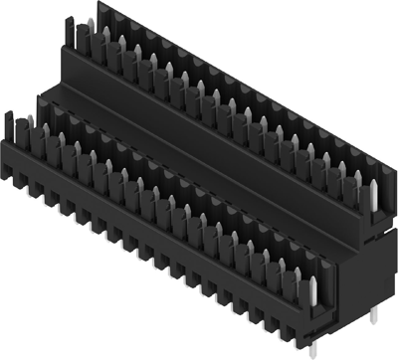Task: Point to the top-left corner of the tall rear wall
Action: pos(97,5)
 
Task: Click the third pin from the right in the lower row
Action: pos(283,267)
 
